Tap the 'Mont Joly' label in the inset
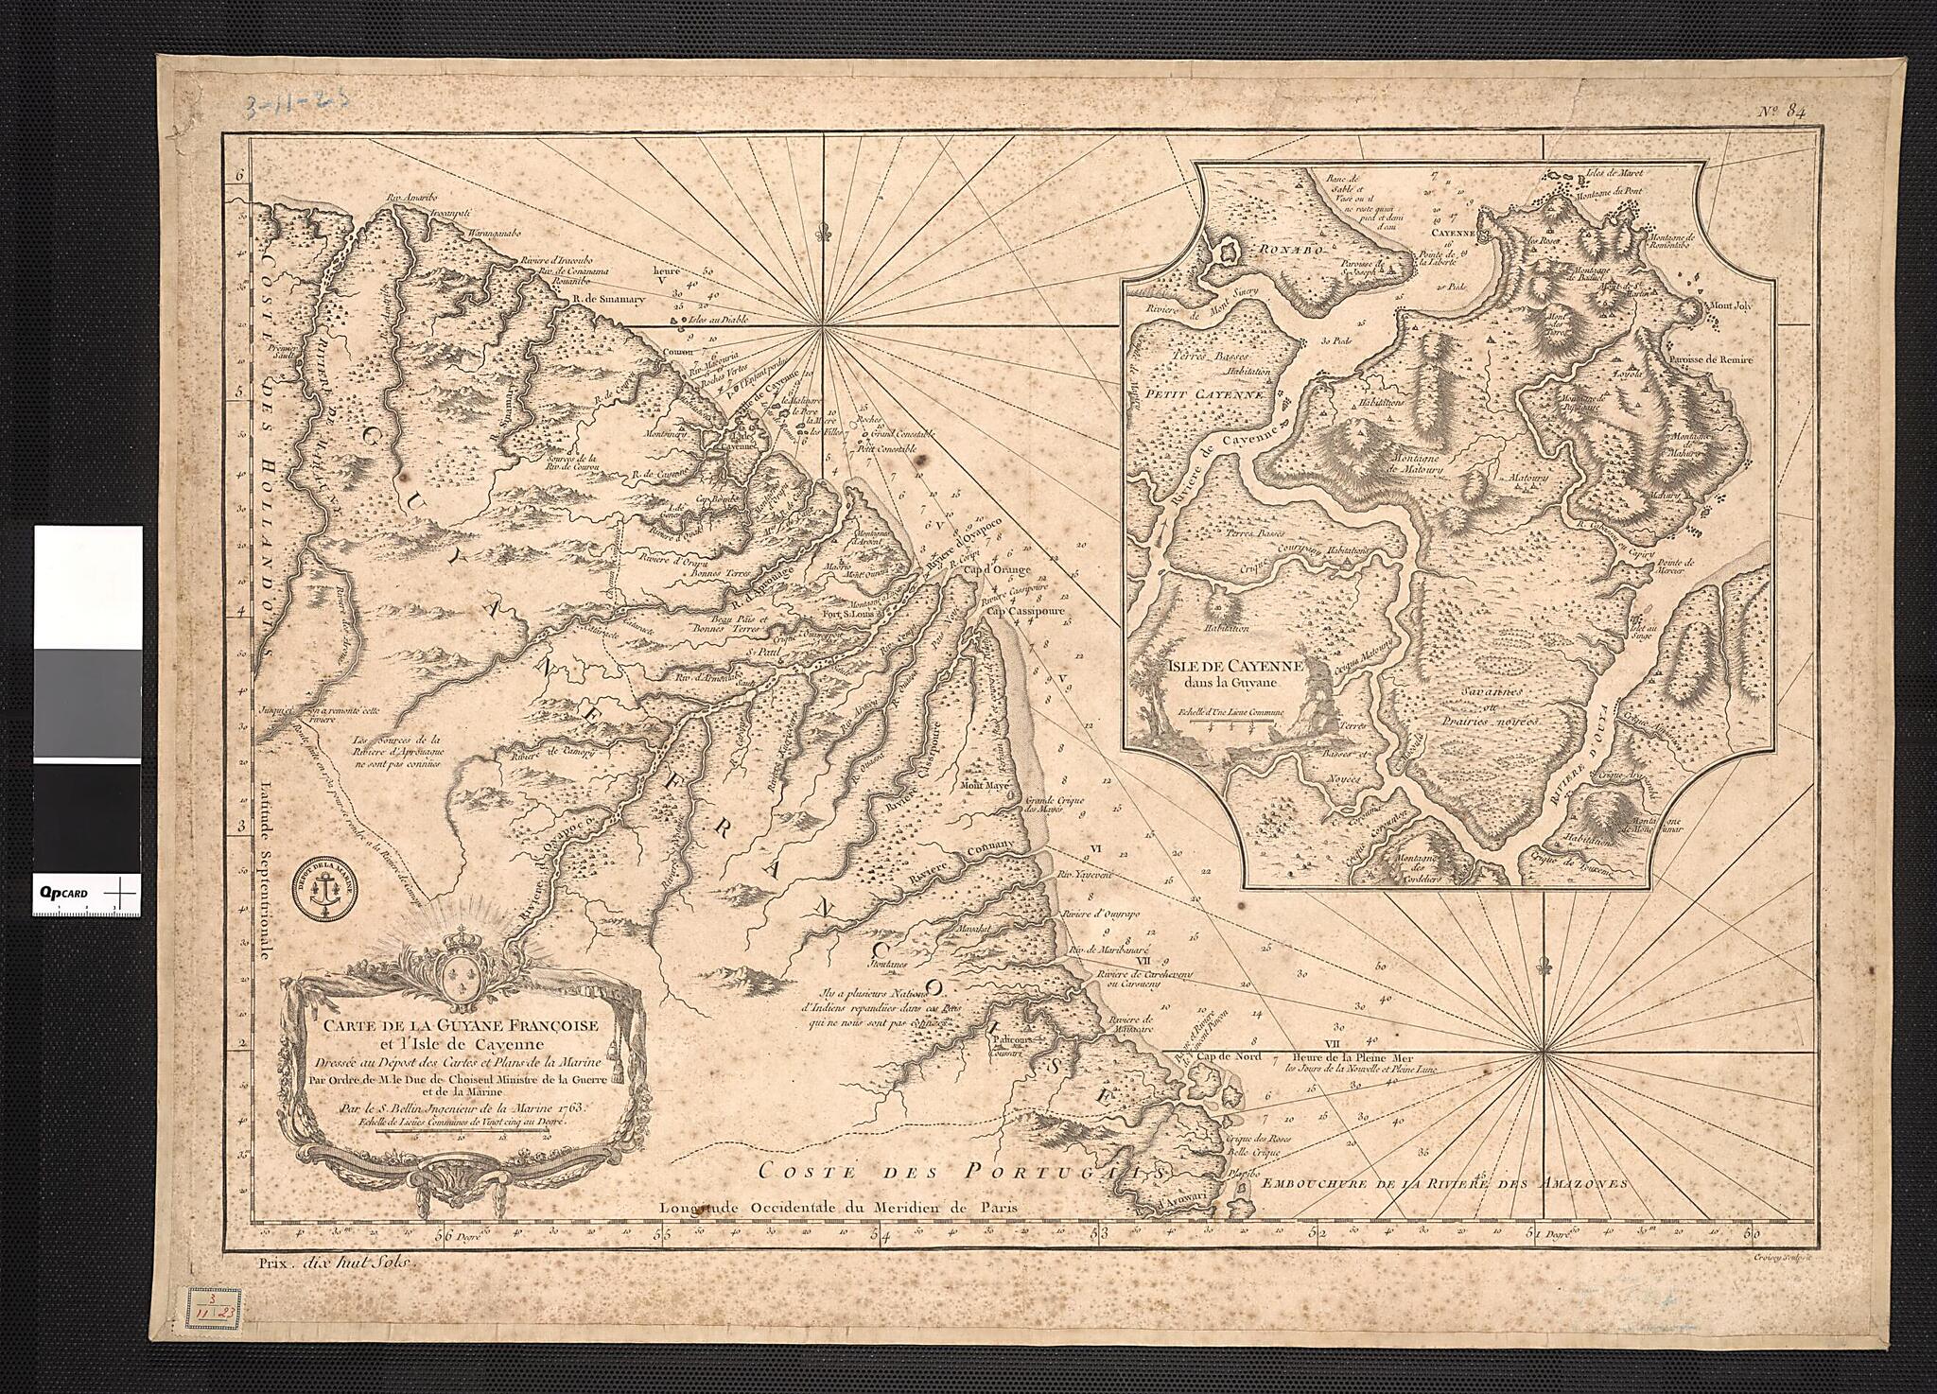(1727, 307)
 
